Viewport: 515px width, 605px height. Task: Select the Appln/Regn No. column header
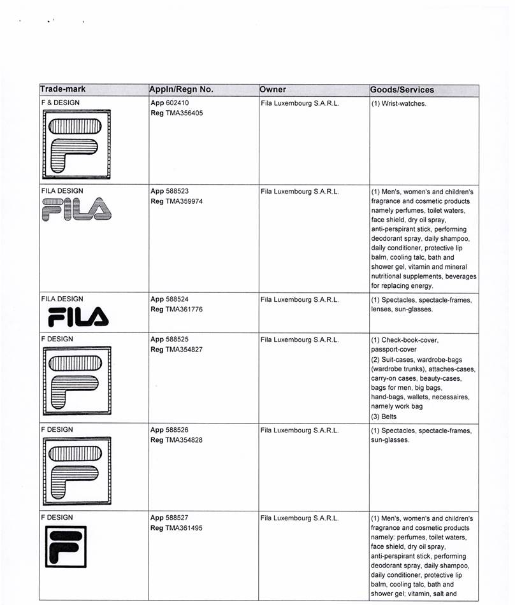click(x=181, y=90)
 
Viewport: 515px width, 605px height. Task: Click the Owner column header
click(x=273, y=90)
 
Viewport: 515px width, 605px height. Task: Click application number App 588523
click(x=170, y=190)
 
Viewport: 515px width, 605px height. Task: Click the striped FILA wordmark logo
click(x=75, y=209)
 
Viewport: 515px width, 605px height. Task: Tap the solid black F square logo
click(x=66, y=547)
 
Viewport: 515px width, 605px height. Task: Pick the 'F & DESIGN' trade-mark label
click(x=61, y=103)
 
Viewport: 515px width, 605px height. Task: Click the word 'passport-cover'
click(x=393, y=350)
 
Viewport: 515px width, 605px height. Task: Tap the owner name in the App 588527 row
click(x=300, y=518)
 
